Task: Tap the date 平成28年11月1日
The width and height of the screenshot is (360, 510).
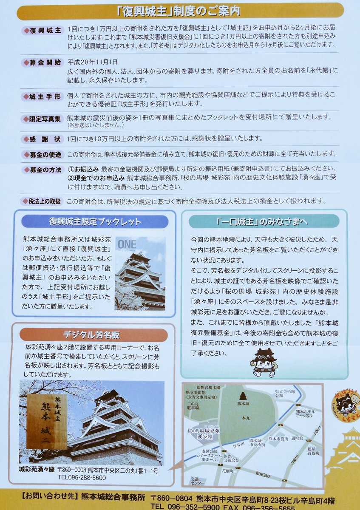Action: pos(93,62)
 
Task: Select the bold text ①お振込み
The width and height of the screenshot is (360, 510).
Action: pos(83,169)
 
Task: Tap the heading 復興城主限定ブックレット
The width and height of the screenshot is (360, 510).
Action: pos(95,221)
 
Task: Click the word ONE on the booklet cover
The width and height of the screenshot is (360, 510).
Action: pos(127,244)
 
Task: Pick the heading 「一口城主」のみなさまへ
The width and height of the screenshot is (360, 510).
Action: pos(264,221)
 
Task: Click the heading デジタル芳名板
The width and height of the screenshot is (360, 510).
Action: pos(91,335)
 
